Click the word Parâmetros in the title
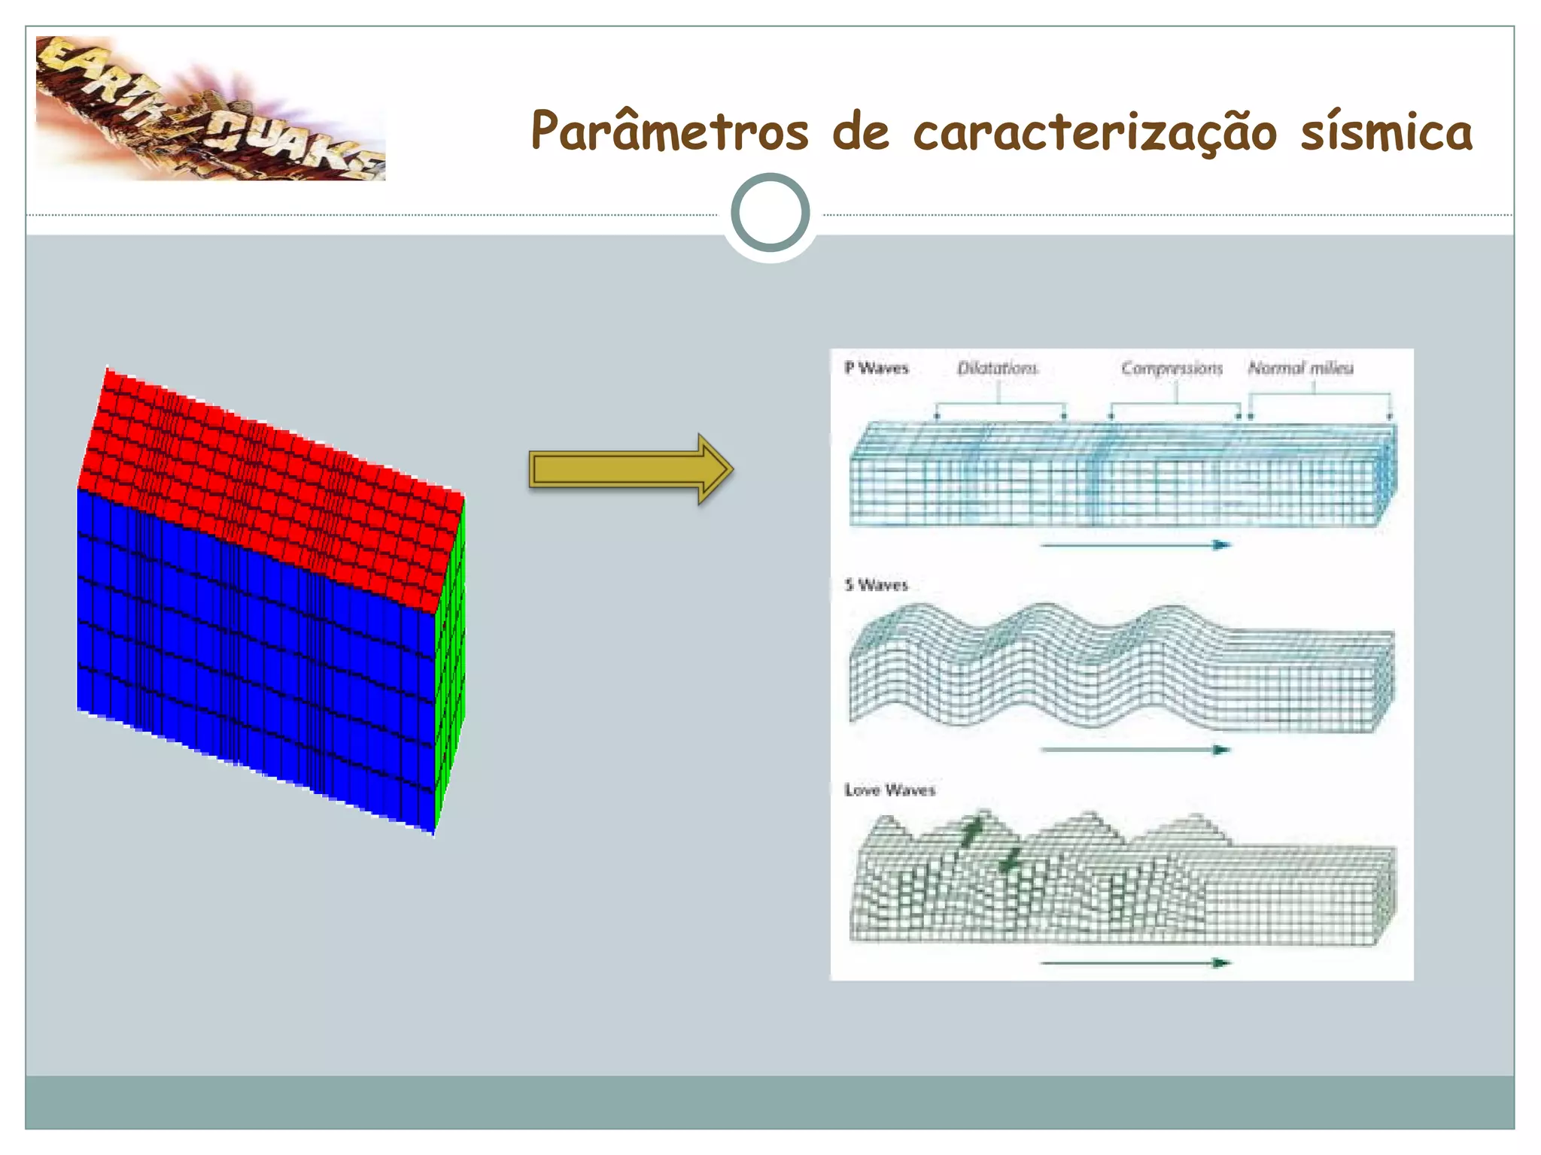point(670,132)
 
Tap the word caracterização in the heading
point(1095,132)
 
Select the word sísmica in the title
point(1386,132)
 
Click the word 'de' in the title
point(860,132)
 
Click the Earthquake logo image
point(211,108)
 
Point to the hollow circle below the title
point(770,213)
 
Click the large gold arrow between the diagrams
point(631,469)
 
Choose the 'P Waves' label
point(876,368)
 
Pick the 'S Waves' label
point(876,585)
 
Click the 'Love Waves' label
point(889,790)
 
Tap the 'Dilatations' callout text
point(997,368)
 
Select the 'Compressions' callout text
point(1172,368)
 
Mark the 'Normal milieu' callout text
point(1300,368)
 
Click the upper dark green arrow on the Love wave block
point(972,831)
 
